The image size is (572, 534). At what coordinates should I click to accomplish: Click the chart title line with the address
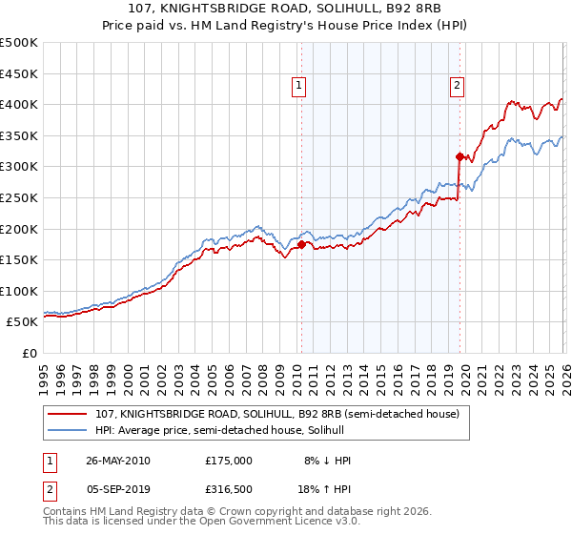click(x=286, y=9)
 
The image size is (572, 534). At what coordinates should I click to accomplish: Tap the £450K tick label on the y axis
click(x=19, y=73)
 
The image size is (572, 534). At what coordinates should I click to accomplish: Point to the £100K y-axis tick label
click(x=19, y=291)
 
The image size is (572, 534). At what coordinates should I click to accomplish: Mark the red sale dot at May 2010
click(x=302, y=244)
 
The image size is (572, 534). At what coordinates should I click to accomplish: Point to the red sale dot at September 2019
click(x=460, y=156)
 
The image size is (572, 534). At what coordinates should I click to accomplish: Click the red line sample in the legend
click(x=68, y=414)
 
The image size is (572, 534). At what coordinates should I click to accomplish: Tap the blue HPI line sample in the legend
click(x=68, y=431)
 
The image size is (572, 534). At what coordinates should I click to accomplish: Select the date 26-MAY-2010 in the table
click(x=118, y=461)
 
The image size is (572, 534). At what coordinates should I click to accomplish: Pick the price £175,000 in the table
click(x=228, y=461)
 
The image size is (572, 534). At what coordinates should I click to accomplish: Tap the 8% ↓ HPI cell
click(x=325, y=461)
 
